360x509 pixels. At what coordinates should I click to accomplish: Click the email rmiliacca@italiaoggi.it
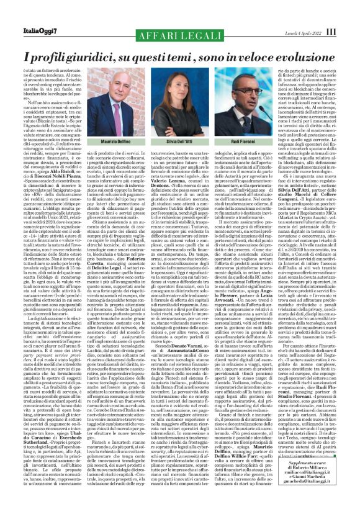tap(317, 481)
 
